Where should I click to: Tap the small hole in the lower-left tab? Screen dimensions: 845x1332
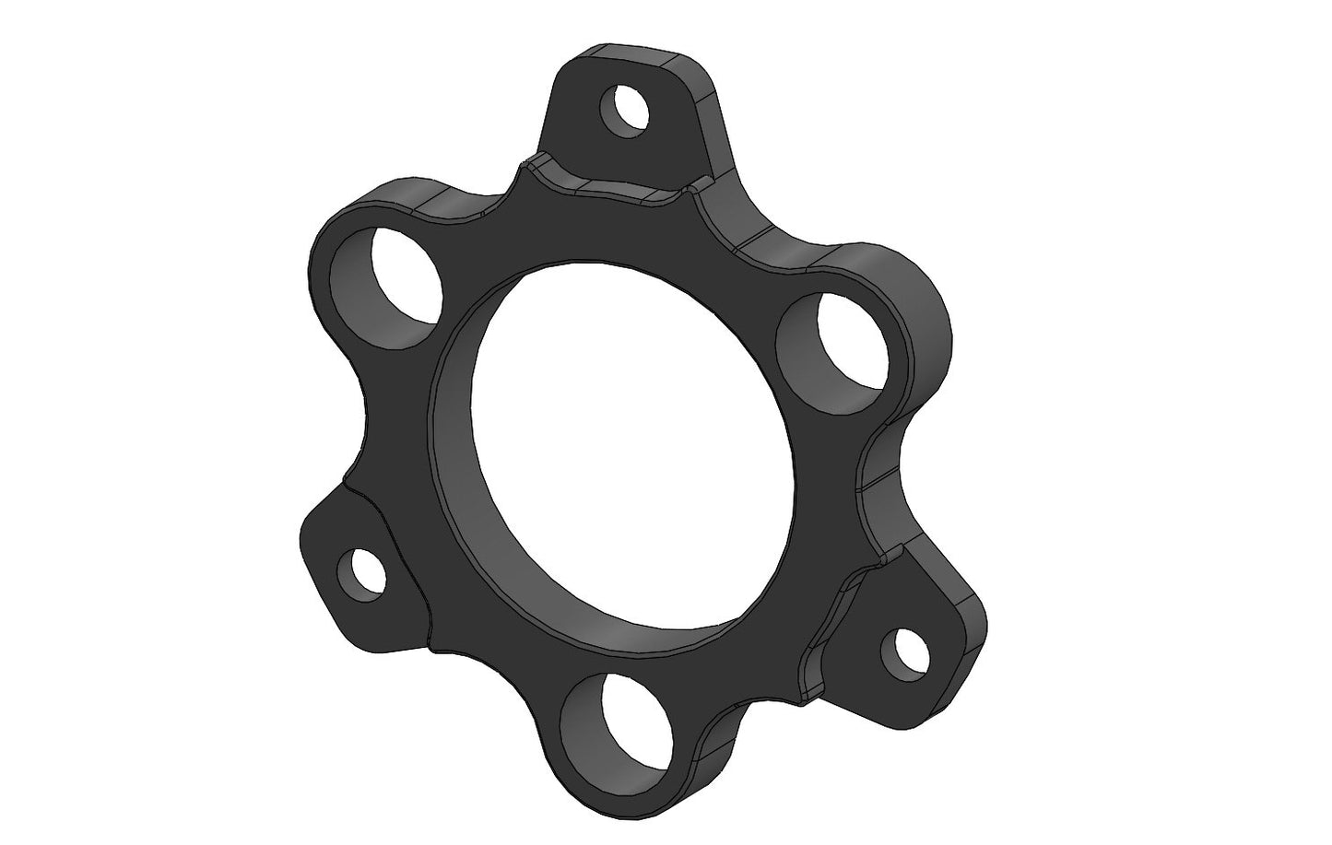360,572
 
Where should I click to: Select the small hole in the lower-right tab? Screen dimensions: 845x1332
903,651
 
